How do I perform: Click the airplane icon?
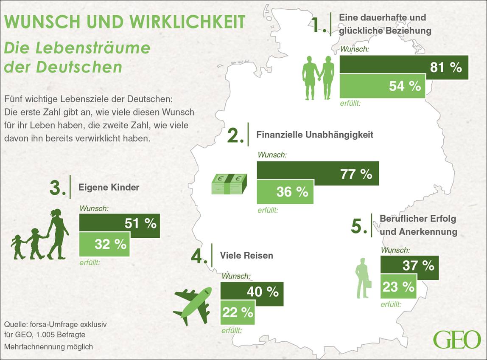[192, 302]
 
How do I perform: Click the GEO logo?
[456, 339]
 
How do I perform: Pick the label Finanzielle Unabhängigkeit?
[315, 135]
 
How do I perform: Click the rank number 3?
[57, 188]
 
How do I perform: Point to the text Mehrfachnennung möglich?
[48, 347]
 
